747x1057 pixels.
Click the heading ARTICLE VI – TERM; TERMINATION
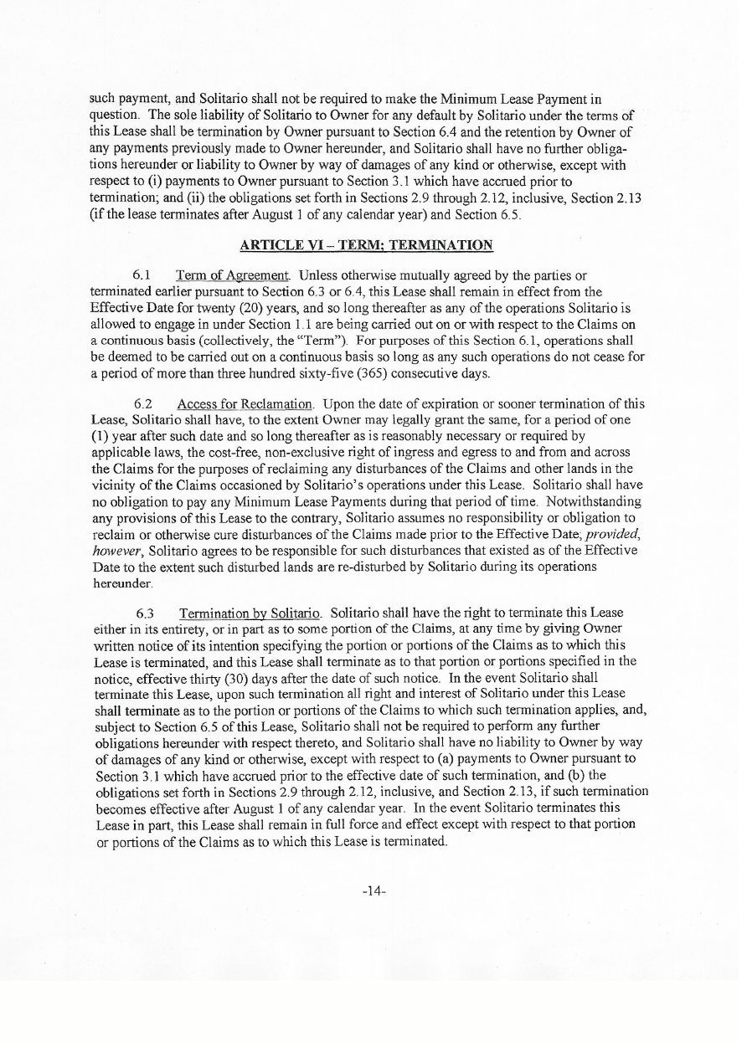[x=367, y=245]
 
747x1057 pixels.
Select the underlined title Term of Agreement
[x=232, y=275]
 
